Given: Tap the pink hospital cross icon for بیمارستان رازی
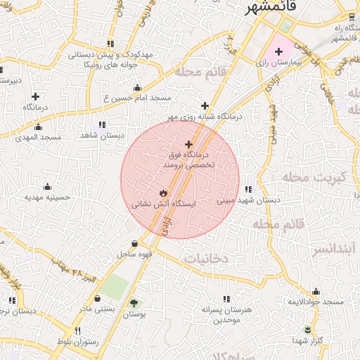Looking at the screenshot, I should [278, 51].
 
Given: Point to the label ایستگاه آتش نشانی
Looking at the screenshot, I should [162, 205].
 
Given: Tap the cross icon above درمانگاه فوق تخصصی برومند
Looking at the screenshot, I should [188, 143].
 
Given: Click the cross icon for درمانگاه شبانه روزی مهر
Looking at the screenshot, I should [205, 105].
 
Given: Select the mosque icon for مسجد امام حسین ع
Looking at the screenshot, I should [137, 88].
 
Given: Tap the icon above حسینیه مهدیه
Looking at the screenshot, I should [48, 186].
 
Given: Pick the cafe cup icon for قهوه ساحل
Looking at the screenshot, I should [134, 243].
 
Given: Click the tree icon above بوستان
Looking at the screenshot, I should [133, 303].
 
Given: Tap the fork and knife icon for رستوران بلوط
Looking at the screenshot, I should [78, 330].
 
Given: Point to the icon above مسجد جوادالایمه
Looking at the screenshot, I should [316, 291].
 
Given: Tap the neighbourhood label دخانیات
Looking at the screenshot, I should [205, 259].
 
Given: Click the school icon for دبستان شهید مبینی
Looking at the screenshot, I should [247, 188].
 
